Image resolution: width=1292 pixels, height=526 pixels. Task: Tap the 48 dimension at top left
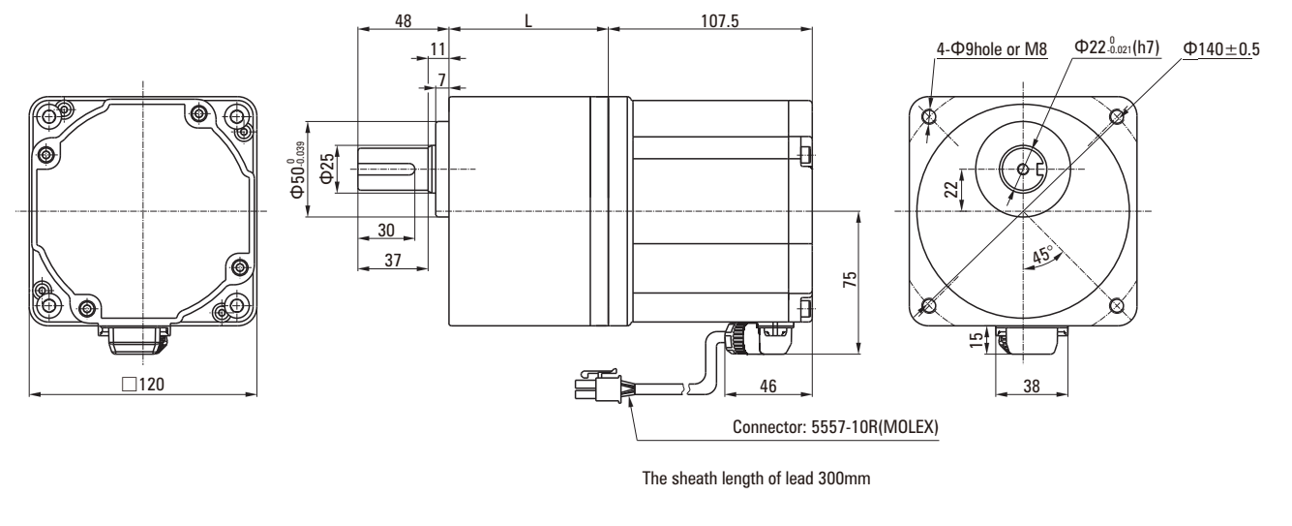pyautogui.click(x=403, y=19)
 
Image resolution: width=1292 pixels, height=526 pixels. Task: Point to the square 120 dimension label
pyautogui.click(x=144, y=384)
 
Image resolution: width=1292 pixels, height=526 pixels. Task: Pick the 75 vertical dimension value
pyautogui.click(x=848, y=281)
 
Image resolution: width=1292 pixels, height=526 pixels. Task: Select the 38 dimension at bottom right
pyautogui.click(x=1031, y=385)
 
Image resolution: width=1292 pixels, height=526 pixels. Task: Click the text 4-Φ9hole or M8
pyautogui.click(x=992, y=49)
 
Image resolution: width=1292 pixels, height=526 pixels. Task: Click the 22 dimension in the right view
pyautogui.click(x=952, y=186)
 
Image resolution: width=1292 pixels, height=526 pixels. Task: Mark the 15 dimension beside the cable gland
pyautogui.click(x=975, y=339)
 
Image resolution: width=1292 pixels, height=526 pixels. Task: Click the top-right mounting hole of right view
pyautogui.click(x=1117, y=117)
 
